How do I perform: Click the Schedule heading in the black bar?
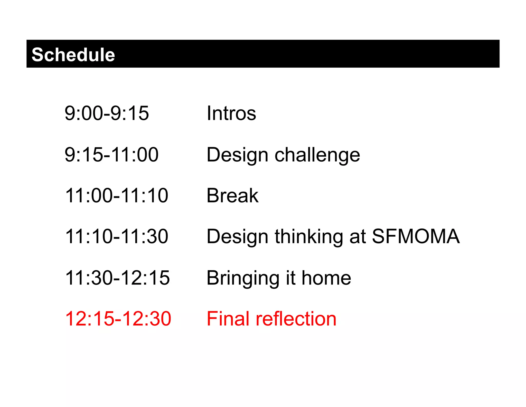click(73, 55)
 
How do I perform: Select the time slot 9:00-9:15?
click(107, 113)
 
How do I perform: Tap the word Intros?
click(231, 113)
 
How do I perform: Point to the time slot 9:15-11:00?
click(111, 155)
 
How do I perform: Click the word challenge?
click(317, 155)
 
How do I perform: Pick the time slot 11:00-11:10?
click(117, 196)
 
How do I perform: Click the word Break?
click(232, 196)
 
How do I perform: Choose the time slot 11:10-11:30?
click(117, 236)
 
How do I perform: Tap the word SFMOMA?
click(416, 236)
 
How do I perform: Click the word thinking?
click(309, 237)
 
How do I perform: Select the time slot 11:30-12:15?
click(117, 278)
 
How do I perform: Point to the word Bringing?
click(243, 278)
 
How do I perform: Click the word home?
click(326, 278)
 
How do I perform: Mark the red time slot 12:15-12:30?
click(118, 319)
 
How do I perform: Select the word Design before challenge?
click(237, 155)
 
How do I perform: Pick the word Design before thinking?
click(237, 237)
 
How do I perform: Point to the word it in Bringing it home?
click(290, 278)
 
